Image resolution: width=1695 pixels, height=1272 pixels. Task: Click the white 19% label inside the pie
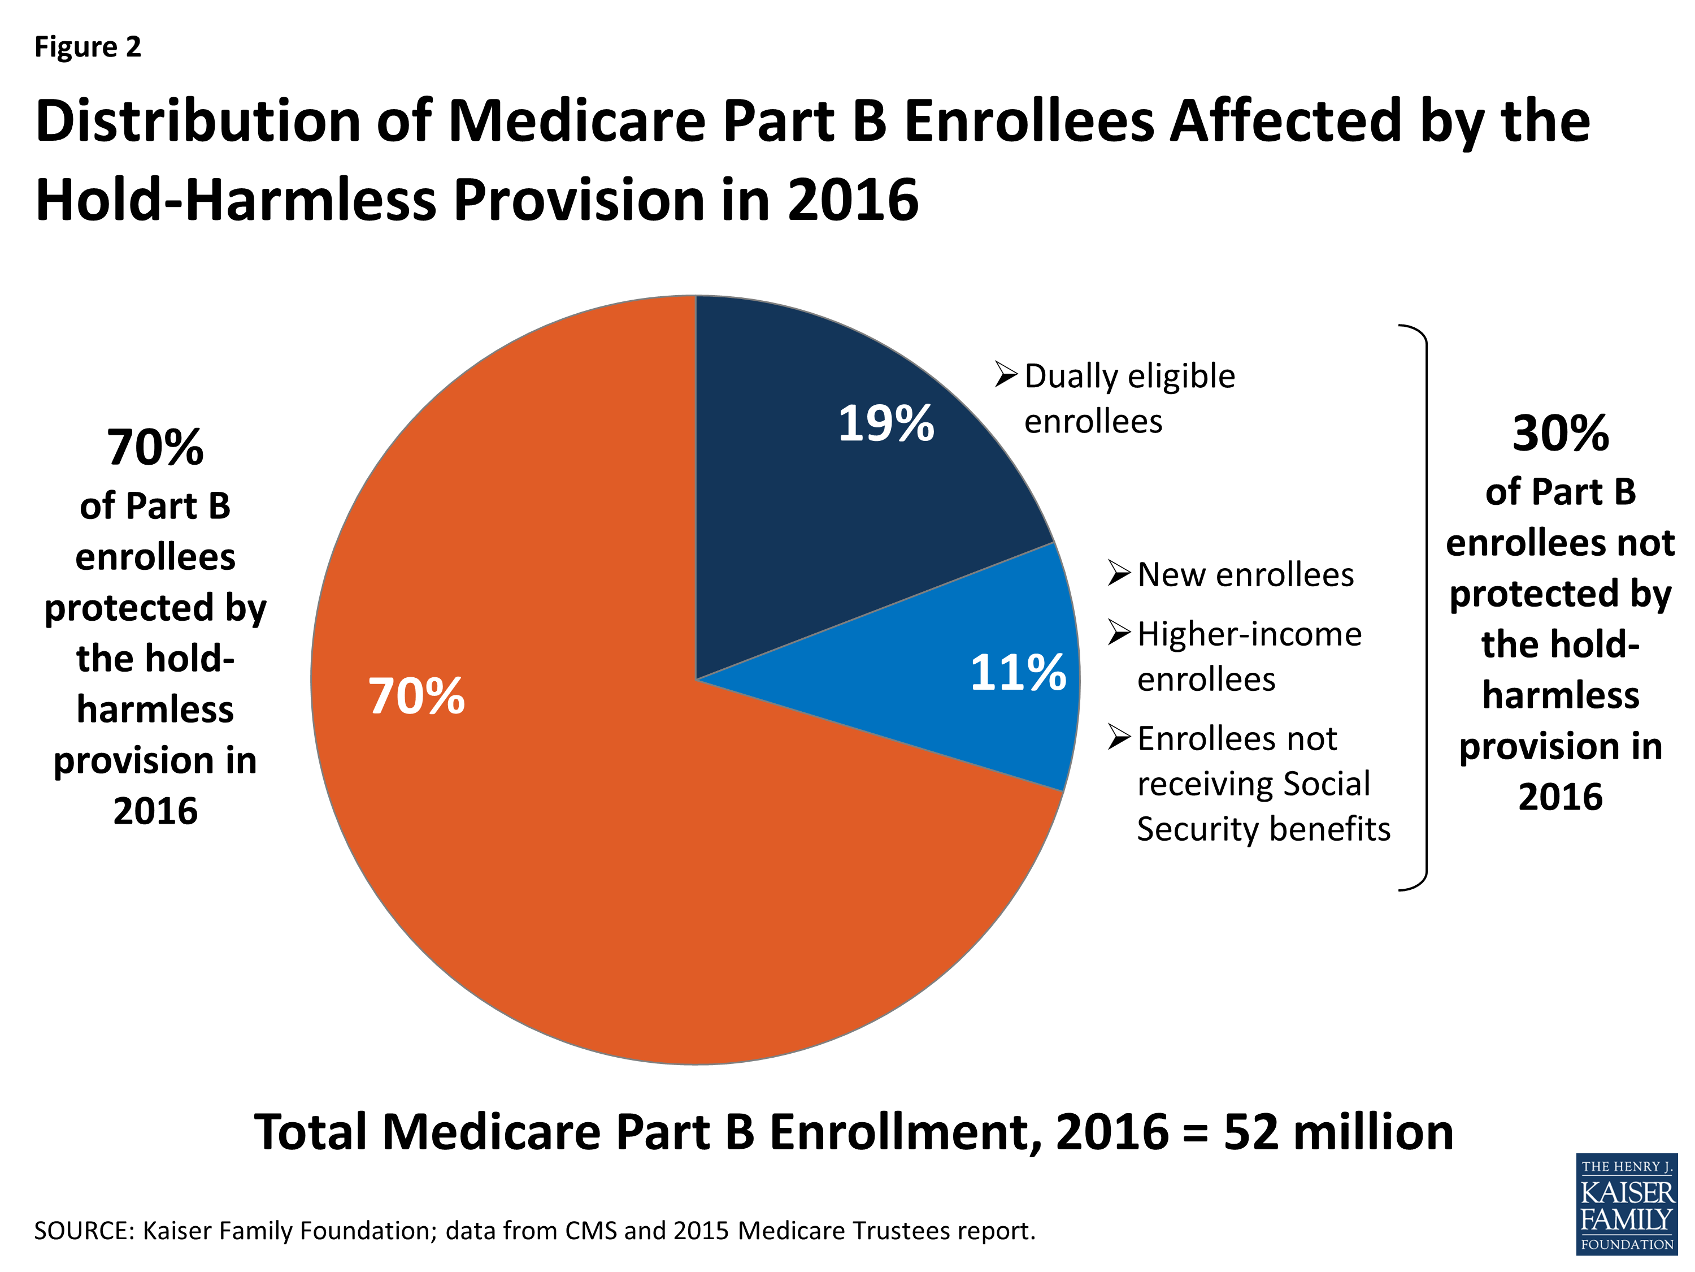coord(886,423)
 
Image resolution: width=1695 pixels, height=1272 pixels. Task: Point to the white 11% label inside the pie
coord(1018,673)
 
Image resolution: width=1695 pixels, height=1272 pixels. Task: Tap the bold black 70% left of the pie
coord(155,447)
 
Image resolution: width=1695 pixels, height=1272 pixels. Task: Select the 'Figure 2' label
coord(88,47)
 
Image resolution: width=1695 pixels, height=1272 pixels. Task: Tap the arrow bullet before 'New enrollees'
coord(1119,573)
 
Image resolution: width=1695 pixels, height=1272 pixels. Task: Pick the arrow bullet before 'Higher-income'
coord(1119,633)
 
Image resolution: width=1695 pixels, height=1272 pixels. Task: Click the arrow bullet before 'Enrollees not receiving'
coord(1119,738)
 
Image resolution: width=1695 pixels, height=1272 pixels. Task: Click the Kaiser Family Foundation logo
coord(1626,1203)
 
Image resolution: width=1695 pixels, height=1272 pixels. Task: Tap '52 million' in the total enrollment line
coord(1338,1132)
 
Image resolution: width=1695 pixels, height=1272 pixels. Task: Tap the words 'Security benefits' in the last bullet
coord(1263,829)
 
